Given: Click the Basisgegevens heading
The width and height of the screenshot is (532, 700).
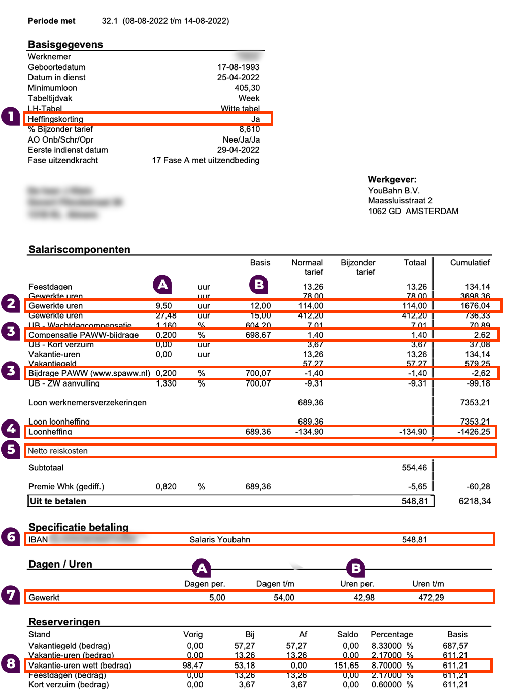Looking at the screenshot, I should click(65, 44).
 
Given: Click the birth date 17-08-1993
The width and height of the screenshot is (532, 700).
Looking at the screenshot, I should click(238, 67).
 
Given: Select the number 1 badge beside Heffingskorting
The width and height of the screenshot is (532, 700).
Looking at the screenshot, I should click(11, 117).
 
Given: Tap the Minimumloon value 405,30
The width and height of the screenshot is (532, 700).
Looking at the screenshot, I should click(247, 88).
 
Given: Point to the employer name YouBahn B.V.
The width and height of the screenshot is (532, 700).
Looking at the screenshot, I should click(393, 190).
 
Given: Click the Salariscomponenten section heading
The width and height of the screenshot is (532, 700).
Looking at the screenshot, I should click(79, 249).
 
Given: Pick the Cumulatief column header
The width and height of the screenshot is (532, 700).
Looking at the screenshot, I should click(470, 262).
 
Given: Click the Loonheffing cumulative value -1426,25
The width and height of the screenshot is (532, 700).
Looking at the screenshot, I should click(474, 432).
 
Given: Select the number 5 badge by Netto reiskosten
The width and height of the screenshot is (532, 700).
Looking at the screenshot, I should click(11, 450).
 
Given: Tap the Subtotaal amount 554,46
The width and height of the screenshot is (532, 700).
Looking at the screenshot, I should click(414, 467).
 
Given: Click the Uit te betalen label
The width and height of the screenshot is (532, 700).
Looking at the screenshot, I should click(58, 501).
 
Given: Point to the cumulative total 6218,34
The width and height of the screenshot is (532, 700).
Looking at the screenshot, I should click(475, 501).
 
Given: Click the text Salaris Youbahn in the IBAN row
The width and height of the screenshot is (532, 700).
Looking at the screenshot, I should click(220, 540).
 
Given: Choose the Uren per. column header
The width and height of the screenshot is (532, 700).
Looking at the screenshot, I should click(357, 584).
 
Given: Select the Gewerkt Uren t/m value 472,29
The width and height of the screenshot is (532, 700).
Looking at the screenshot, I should click(430, 598).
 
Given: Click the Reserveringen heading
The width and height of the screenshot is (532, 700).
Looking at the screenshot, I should click(64, 622).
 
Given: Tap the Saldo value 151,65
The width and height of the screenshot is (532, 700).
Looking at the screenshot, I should click(346, 666).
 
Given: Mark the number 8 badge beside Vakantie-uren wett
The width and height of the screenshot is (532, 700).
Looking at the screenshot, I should click(11, 663).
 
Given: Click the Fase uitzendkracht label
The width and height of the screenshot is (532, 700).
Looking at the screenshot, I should click(63, 160).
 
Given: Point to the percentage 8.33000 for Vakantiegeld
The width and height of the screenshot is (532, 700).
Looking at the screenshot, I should click(386, 646).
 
